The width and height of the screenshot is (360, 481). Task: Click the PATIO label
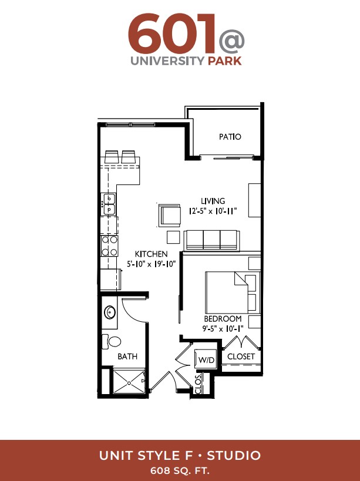[x=230, y=137]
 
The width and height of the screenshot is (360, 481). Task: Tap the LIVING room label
[x=213, y=201]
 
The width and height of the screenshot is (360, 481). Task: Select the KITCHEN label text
[x=151, y=254]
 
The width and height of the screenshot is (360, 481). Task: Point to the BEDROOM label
[x=223, y=319]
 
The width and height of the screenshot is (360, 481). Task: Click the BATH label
[x=127, y=356]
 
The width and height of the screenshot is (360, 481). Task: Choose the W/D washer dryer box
[x=206, y=359]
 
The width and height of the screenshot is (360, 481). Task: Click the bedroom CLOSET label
[x=241, y=356]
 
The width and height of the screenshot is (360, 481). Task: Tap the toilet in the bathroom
[x=112, y=341]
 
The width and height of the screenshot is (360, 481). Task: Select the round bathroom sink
[x=110, y=312]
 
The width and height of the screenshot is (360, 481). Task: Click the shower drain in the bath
[x=129, y=383]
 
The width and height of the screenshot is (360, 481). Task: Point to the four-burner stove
[x=109, y=246]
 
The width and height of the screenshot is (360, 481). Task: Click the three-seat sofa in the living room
[x=211, y=241]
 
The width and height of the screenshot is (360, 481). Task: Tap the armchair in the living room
[x=169, y=215]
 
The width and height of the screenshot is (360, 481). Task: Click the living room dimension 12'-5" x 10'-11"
[x=213, y=211]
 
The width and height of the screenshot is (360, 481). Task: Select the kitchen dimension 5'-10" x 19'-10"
[x=151, y=264]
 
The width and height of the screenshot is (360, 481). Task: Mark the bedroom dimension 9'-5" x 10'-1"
[x=223, y=329]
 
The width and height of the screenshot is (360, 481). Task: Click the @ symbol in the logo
[x=231, y=42]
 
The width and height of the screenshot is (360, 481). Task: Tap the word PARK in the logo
[x=225, y=60]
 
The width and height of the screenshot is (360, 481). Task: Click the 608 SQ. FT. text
[x=180, y=470]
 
